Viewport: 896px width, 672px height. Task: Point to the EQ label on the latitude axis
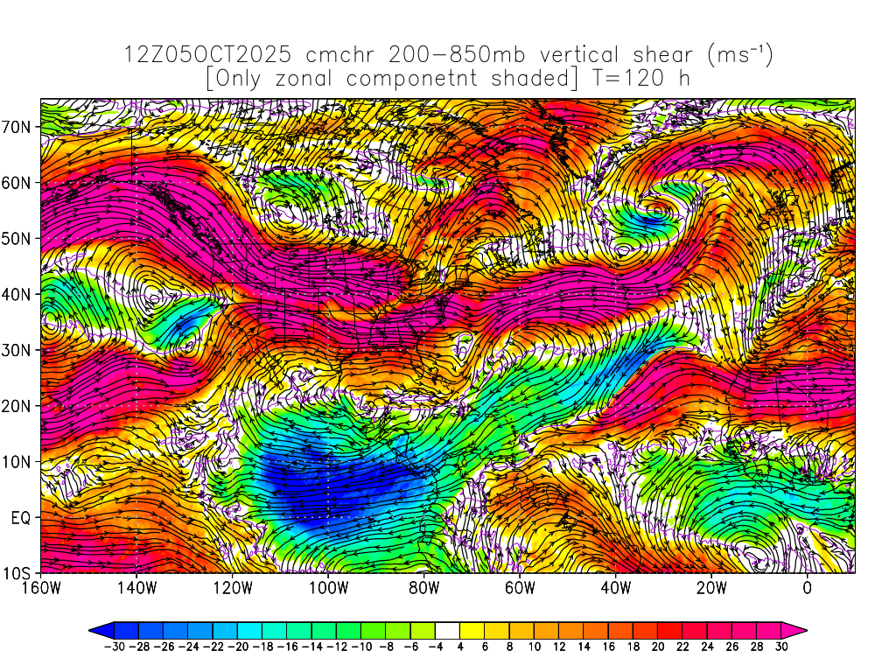tap(22, 517)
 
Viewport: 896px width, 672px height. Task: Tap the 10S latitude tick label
tap(18, 573)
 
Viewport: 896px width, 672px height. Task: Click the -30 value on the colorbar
tap(114, 647)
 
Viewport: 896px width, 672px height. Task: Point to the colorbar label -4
tap(435, 647)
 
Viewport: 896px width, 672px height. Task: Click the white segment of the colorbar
tap(447, 629)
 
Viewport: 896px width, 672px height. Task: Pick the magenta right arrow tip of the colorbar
tap(800, 629)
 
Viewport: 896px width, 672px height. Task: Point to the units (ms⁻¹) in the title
tap(738, 54)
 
